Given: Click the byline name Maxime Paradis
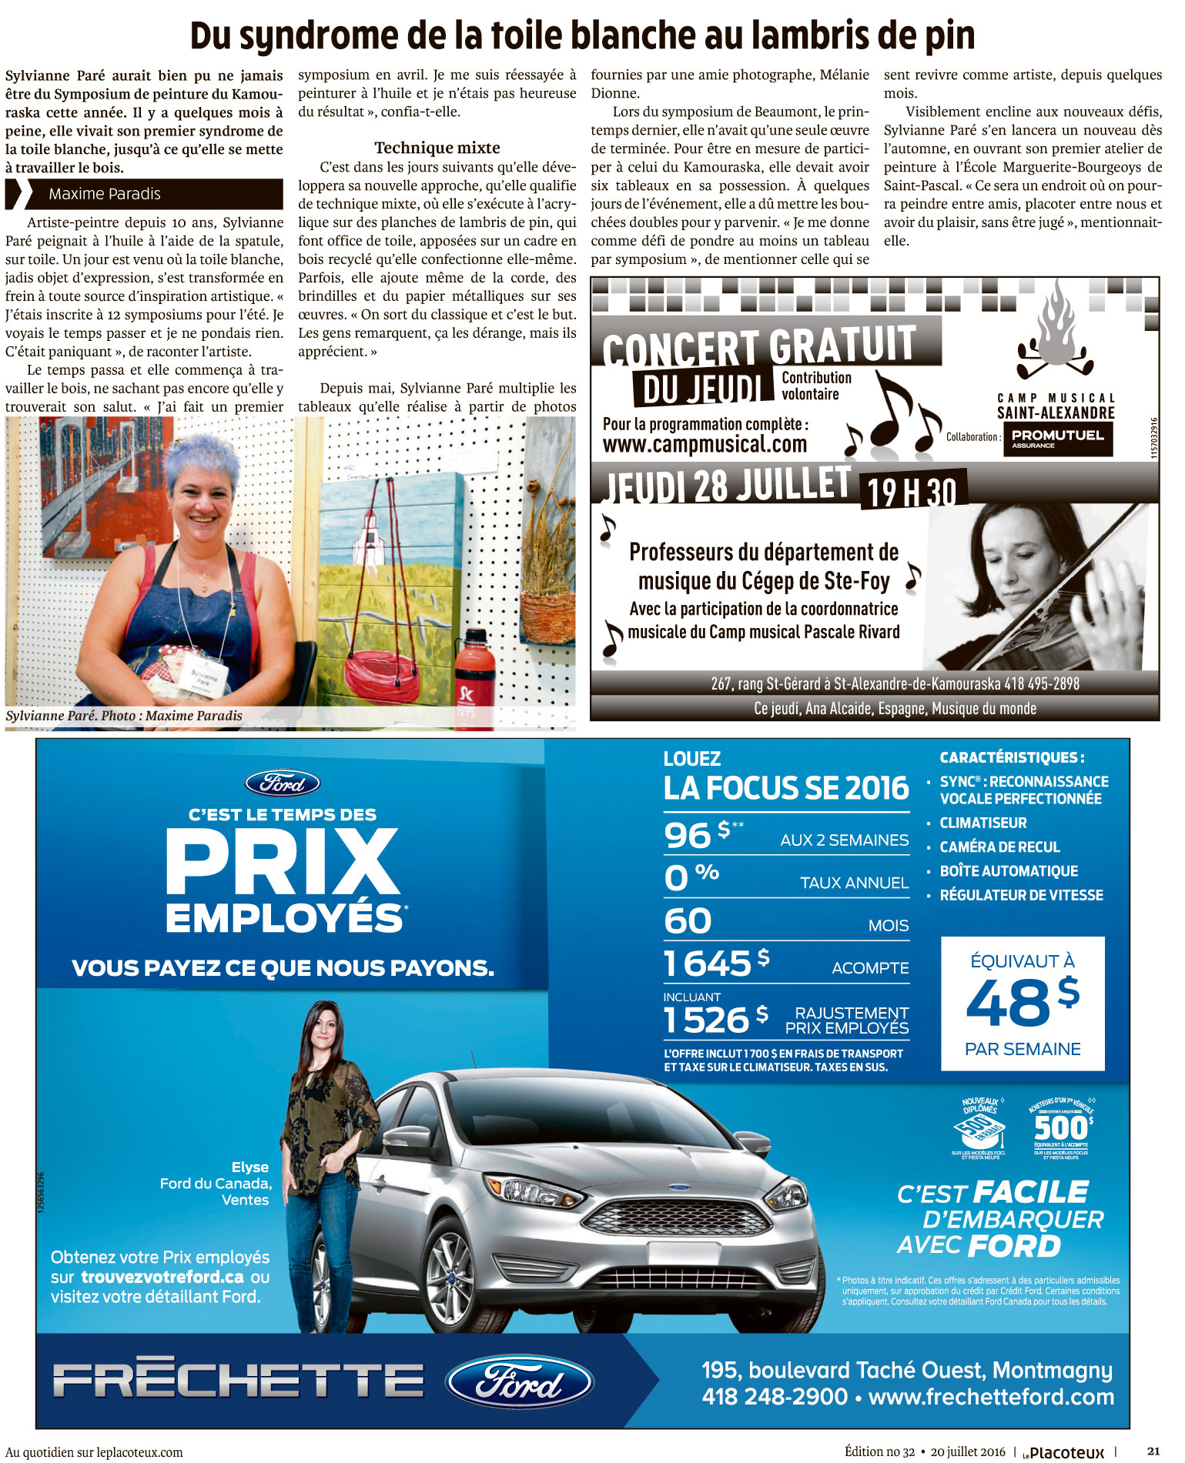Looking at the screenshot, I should pos(105,194).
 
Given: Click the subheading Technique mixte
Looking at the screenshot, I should pos(437,148).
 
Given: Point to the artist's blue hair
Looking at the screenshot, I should pos(199,455).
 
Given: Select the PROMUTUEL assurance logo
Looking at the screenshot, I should pos(1057,439).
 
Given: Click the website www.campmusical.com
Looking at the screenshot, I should pos(705,444).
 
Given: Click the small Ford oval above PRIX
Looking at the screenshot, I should pos(283,783).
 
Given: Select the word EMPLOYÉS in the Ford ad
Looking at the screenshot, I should pos(284,919).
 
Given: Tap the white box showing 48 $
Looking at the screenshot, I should pos(1023,1004).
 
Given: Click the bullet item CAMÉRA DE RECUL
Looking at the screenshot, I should pos(999,847).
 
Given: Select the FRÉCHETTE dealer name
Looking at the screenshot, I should pos(239,1380).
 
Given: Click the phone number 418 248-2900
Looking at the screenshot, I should pos(775,1396).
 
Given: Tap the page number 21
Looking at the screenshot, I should pos(1153,1451).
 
